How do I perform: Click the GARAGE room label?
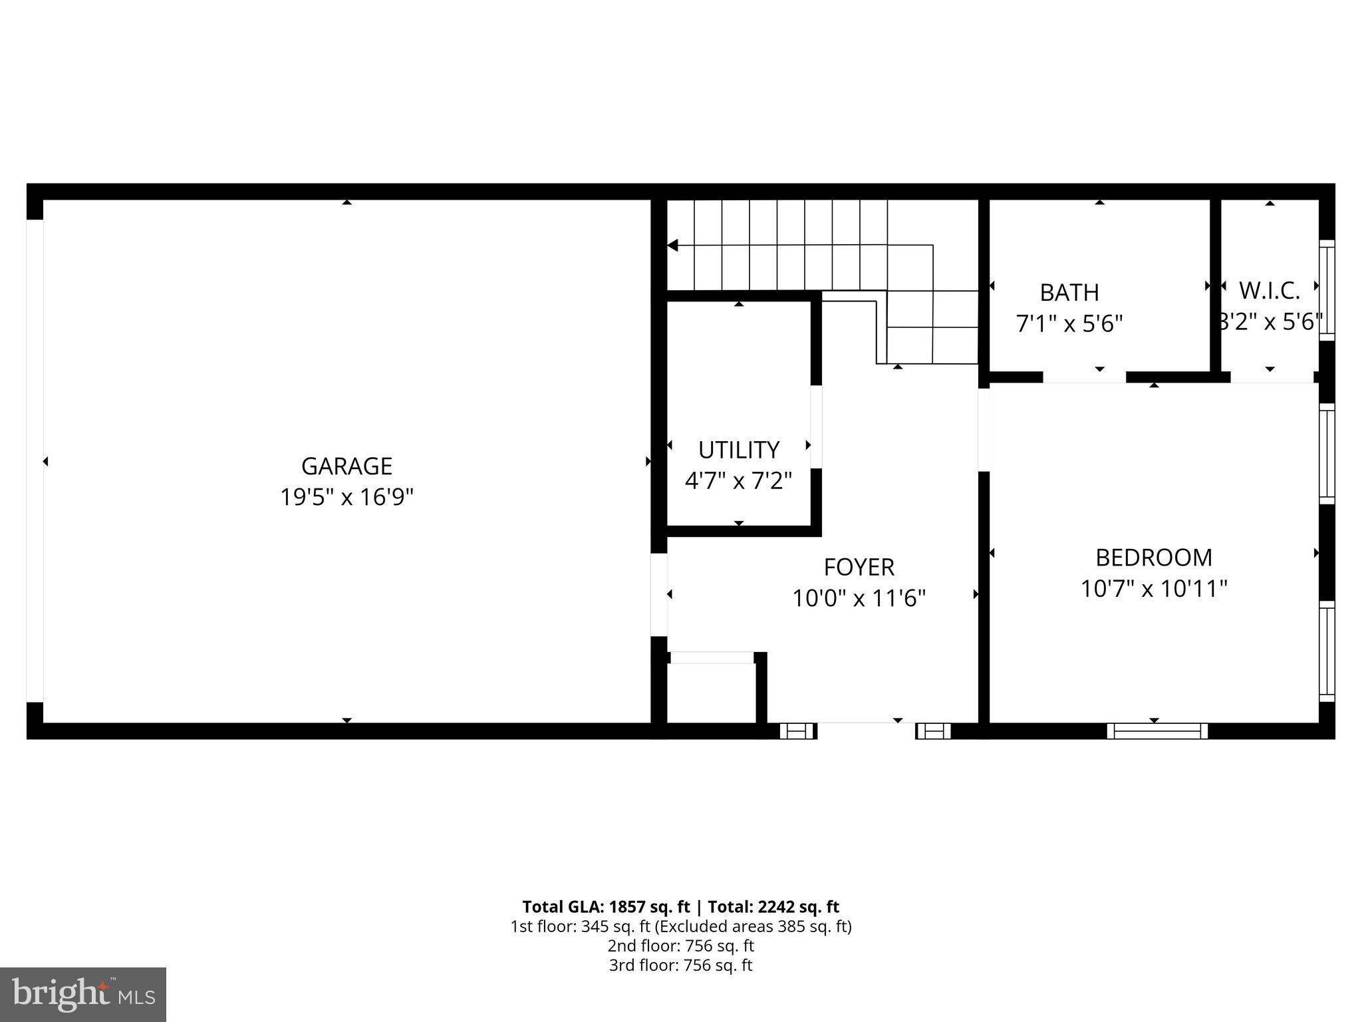point(346,466)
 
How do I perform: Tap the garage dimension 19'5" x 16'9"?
point(346,497)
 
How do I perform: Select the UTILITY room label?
point(738,450)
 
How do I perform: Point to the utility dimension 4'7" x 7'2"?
point(738,480)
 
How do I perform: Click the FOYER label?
point(859,567)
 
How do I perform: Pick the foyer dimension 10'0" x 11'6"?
point(859,598)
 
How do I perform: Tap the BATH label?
point(1069,292)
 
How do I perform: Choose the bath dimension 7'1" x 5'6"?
point(1069,324)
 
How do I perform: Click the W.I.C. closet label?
point(1269,291)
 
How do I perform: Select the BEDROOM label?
point(1153,557)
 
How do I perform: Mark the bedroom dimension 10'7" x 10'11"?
point(1153,589)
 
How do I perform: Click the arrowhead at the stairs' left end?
point(672,246)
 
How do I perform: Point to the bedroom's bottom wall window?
point(1157,731)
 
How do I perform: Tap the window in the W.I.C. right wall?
point(1327,290)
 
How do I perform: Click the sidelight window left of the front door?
point(797,731)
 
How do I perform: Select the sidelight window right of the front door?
point(933,731)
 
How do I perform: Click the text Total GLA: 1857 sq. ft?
point(606,907)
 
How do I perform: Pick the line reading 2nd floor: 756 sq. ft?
point(680,945)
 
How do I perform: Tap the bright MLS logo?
point(83,994)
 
